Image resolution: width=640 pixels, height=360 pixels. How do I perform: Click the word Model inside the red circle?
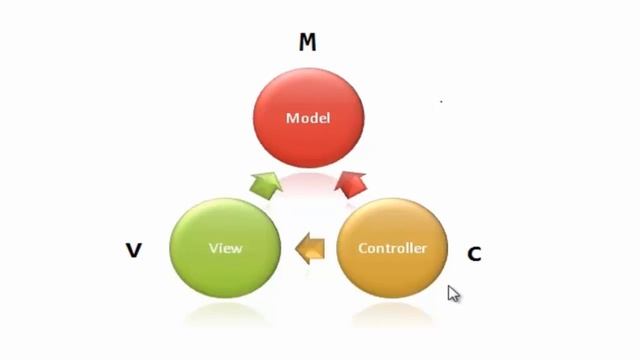pyautogui.click(x=308, y=118)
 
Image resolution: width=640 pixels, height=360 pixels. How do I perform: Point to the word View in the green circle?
pyautogui.click(x=225, y=248)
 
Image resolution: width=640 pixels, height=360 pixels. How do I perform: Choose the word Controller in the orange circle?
pyautogui.click(x=392, y=248)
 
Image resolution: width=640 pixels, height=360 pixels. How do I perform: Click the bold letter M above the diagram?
pyautogui.click(x=308, y=42)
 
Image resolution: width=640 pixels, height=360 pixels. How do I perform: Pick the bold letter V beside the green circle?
pyautogui.click(x=133, y=250)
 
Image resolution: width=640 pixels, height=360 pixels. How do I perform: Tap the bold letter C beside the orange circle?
pyautogui.click(x=474, y=254)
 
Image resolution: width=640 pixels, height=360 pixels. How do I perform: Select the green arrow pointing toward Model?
pyautogui.click(x=265, y=183)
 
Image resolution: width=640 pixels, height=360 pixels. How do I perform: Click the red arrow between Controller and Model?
pyautogui.click(x=351, y=183)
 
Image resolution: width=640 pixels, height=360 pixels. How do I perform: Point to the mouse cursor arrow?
pyautogui.click(x=453, y=293)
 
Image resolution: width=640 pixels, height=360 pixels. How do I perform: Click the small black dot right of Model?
pyautogui.click(x=441, y=101)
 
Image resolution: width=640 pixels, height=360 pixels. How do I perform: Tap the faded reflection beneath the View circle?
pyautogui.click(x=226, y=313)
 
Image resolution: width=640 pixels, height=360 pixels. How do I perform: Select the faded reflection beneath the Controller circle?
pyautogui.click(x=391, y=313)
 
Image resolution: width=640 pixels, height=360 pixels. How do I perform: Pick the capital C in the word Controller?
pyautogui.click(x=363, y=248)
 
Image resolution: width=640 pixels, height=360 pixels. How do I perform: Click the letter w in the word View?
pyautogui.click(x=238, y=248)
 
